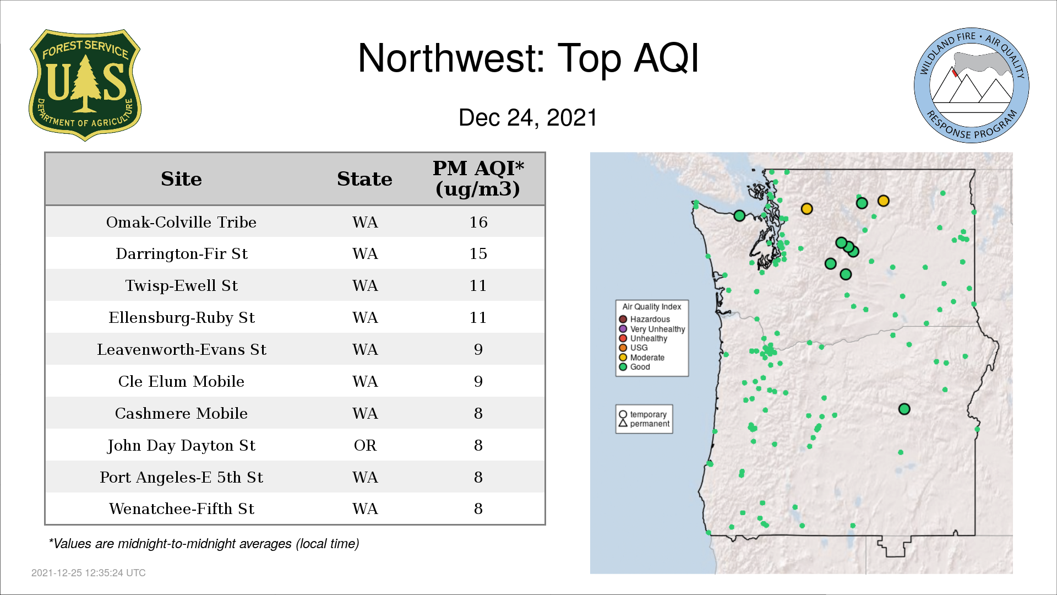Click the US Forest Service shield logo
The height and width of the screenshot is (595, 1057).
[85, 85]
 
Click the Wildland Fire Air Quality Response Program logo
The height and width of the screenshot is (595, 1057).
[972, 85]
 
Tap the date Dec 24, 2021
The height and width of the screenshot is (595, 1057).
[528, 118]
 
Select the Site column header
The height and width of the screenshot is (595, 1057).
[181, 179]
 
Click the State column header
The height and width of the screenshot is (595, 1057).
[364, 179]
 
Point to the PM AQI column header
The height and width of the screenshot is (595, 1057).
[478, 178]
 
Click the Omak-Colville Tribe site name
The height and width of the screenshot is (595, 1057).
[181, 222]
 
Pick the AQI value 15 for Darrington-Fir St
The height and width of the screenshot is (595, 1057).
[478, 253]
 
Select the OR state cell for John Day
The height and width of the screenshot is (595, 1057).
[365, 445]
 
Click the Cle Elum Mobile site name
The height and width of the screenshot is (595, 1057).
[181, 381]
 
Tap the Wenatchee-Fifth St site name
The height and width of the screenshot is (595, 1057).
[181, 509]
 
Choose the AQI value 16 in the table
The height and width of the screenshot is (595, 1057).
[478, 222]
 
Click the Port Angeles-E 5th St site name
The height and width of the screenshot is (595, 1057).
[181, 477]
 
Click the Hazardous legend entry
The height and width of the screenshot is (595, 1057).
[644, 320]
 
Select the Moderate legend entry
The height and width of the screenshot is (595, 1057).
[641, 358]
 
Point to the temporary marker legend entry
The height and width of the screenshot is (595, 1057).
[642, 414]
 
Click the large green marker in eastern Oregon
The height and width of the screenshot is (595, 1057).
[904, 409]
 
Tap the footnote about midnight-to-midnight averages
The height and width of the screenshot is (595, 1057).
[204, 544]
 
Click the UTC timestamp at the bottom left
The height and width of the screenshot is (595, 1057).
[89, 573]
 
